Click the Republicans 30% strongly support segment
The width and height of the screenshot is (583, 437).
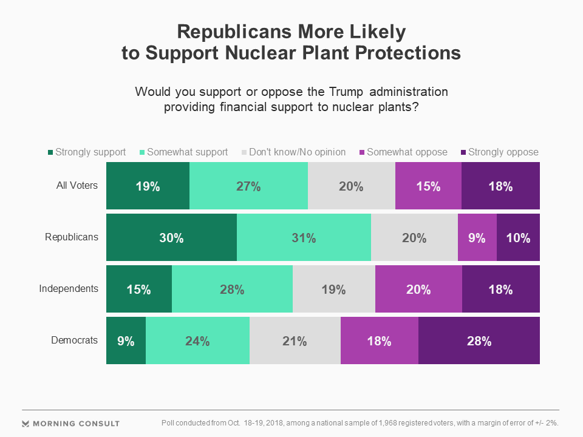tap(171, 238)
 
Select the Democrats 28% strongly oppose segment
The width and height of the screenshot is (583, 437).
tap(479, 340)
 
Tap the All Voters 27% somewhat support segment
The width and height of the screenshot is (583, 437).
tap(248, 186)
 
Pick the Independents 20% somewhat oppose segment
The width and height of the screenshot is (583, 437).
tap(418, 289)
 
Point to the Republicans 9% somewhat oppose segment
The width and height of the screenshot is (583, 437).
tap(477, 238)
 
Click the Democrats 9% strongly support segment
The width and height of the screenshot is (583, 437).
tap(126, 340)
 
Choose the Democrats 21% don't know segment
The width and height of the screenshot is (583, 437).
tap(295, 340)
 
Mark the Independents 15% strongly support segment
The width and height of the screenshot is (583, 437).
tap(138, 289)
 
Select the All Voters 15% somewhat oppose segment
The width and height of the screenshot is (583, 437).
tap(428, 186)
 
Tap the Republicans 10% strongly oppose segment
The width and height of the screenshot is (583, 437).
tap(518, 238)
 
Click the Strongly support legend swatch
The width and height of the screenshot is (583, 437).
tap(50, 152)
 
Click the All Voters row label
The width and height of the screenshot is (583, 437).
tap(77, 185)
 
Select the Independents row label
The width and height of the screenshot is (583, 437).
tap(69, 288)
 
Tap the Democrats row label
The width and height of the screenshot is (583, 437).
tap(74, 340)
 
